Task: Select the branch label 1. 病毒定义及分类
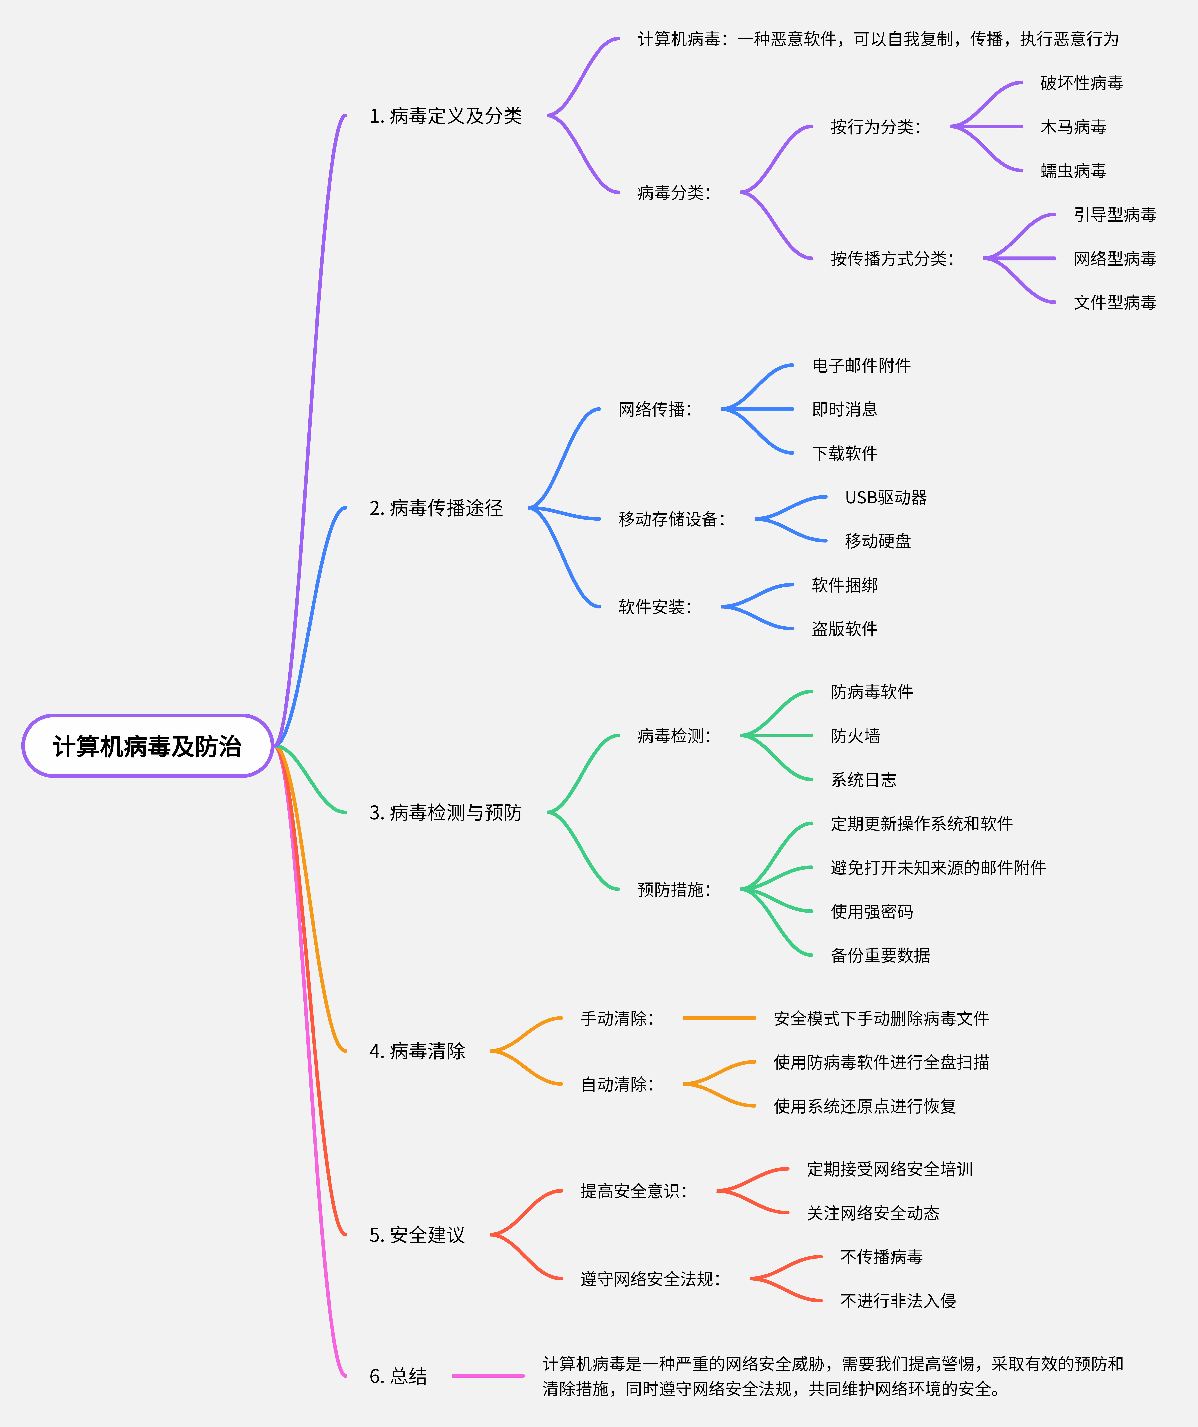coord(445,116)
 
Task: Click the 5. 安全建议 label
coord(417,1235)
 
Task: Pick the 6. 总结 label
coord(398,1376)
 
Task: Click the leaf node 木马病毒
coord(1073,127)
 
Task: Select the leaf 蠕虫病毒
coord(1073,170)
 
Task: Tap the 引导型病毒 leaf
coord(1114,215)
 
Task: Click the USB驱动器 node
coord(885,497)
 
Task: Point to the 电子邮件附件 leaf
coord(861,366)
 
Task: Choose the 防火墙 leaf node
coord(855,736)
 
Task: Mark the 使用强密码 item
coord(871,911)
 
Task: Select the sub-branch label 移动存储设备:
coord(671,519)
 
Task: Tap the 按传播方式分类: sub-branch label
coord(891,259)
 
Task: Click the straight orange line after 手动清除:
coord(719,1018)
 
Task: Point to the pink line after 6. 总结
coord(488,1376)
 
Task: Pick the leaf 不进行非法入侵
coord(898,1301)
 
